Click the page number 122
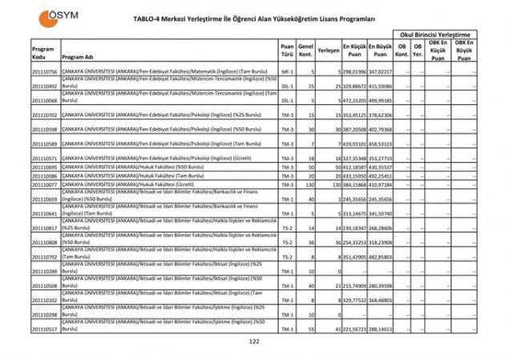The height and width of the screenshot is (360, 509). (x=254, y=341)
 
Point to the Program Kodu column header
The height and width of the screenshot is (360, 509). (x=42, y=52)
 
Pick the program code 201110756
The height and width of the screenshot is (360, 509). (x=44, y=72)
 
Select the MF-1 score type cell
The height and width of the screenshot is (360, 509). (x=287, y=72)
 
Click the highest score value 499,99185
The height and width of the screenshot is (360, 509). (x=380, y=101)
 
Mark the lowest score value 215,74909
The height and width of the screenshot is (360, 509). (x=353, y=286)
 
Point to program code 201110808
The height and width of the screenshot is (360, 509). (x=44, y=242)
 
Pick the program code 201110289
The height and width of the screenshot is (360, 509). (x=44, y=271)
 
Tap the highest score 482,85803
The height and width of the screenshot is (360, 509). (x=380, y=257)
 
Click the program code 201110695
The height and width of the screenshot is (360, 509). (x=44, y=167)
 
